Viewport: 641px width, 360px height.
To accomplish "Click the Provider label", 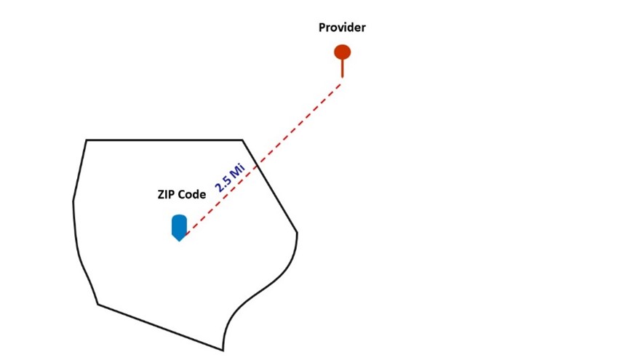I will point(342,28).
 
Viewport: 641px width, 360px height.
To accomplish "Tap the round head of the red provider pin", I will point(342,52).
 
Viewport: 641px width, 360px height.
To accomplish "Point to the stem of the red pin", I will point(342,68).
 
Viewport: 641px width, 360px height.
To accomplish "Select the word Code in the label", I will point(192,194).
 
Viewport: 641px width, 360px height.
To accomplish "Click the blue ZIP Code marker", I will point(179,227).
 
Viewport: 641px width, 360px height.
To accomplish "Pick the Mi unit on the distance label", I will point(236,169).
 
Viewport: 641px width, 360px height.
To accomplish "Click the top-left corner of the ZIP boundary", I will point(87,140).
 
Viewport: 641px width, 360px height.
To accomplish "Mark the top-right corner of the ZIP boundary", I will point(242,140).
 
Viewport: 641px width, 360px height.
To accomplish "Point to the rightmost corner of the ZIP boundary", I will point(297,233).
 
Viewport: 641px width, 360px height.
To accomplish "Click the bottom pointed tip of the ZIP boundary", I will point(223,350).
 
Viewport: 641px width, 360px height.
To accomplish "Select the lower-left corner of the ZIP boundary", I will point(98,304).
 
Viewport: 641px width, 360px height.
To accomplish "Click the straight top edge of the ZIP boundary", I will point(164,140).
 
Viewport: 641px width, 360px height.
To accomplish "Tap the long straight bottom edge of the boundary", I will point(160,327).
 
